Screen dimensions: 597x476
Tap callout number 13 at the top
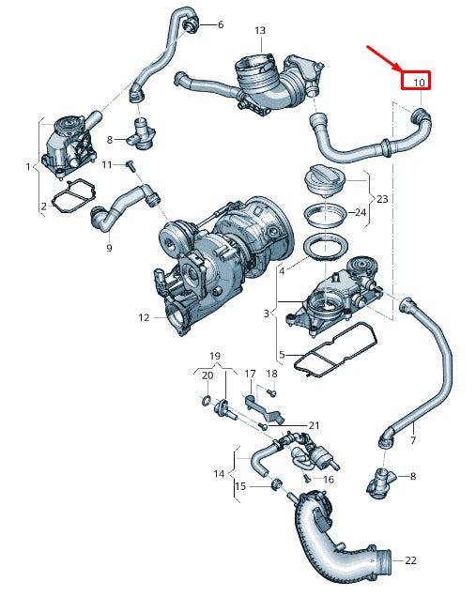click(x=260, y=31)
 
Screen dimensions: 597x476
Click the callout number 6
click(x=220, y=24)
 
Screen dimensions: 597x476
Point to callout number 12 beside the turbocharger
click(x=144, y=317)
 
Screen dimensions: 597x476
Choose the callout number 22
click(x=410, y=560)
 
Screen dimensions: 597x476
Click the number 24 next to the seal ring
click(x=359, y=212)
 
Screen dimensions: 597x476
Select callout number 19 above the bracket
click(x=214, y=357)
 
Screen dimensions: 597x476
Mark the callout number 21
click(x=314, y=425)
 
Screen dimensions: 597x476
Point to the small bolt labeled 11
click(x=132, y=167)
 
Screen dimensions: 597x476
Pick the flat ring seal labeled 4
click(x=325, y=250)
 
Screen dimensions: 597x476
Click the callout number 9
click(x=109, y=248)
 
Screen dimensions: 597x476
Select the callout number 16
click(x=329, y=479)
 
